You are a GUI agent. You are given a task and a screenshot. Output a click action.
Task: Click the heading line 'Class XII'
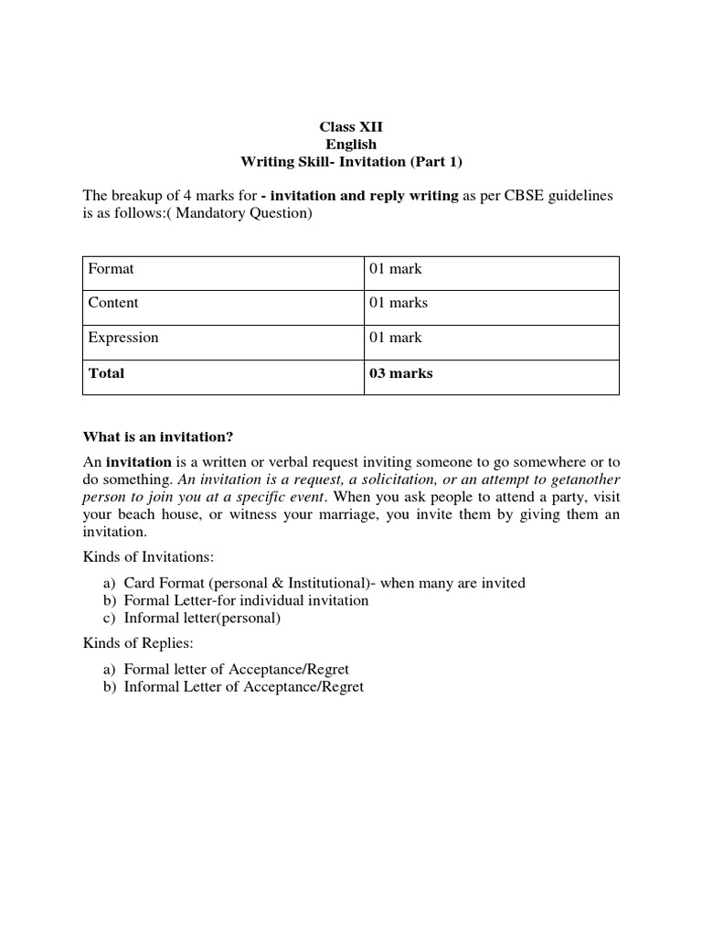pos(351,127)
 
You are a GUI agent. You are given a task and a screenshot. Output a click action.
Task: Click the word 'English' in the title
pos(351,145)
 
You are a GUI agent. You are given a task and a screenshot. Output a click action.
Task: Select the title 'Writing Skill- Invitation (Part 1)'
pos(351,162)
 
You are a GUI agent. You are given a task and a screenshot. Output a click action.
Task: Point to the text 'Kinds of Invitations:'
pos(148,557)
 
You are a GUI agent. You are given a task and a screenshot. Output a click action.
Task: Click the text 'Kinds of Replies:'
pos(137,644)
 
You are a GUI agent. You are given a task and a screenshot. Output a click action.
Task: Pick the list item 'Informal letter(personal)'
pos(202,618)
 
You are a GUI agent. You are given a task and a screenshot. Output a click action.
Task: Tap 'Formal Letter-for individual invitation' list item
pos(246,600)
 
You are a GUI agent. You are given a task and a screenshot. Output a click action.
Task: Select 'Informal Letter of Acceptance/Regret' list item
pos(243,686)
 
